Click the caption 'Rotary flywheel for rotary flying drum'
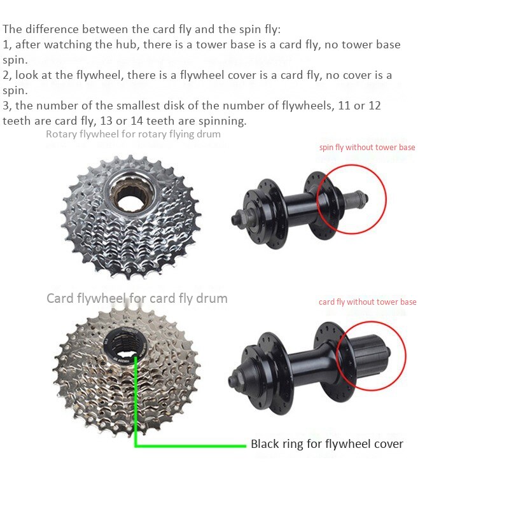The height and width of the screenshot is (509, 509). [x=133, y=134]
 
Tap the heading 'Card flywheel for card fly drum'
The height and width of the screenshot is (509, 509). [x=137, y=298]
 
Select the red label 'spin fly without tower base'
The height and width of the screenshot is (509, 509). [x=367, y=148]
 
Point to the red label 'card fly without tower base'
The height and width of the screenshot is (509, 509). [x=368, y=302]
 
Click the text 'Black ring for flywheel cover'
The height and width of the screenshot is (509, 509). [x=327, y=444]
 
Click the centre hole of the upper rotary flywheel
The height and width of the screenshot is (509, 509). [x=132, y=197]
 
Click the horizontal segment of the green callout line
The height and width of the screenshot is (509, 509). [x=191, y=445]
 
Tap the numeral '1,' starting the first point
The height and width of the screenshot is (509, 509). [x=7, y=45]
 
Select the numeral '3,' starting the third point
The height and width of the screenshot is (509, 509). [x=7, y=106]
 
